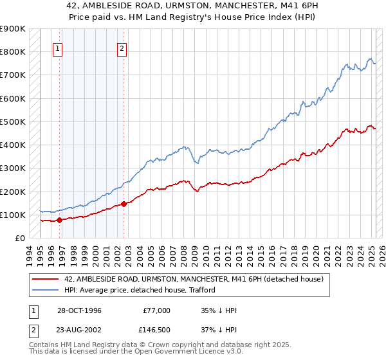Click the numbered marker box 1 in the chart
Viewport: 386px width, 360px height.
[58, 48]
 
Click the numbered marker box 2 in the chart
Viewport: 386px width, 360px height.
[122, 48]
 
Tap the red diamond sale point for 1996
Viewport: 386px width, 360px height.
[59, 220]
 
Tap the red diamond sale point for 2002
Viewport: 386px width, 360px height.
[124, 204]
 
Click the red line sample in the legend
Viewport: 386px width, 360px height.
[46, 278]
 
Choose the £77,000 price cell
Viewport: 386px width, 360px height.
[157, 310]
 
